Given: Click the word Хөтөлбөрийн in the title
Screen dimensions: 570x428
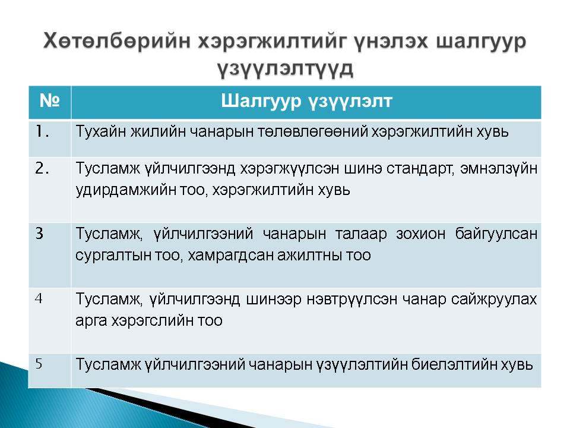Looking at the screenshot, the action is coord(117,41).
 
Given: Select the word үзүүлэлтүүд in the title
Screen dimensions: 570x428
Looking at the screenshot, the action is coord(286,68).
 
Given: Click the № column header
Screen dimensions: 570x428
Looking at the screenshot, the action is coord(49,100).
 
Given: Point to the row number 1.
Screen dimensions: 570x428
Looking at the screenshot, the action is coord(42,131).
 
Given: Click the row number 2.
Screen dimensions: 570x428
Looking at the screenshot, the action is coord(42,168).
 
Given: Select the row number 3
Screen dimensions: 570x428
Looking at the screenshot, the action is coord(40,233).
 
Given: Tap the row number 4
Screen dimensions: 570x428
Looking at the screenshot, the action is coord(39,299).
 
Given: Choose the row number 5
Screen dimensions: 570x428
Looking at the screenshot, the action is coord(39,364).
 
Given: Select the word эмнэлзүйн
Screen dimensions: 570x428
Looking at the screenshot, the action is coord(499,169).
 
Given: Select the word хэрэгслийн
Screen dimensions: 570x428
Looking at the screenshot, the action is coord(153,321).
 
